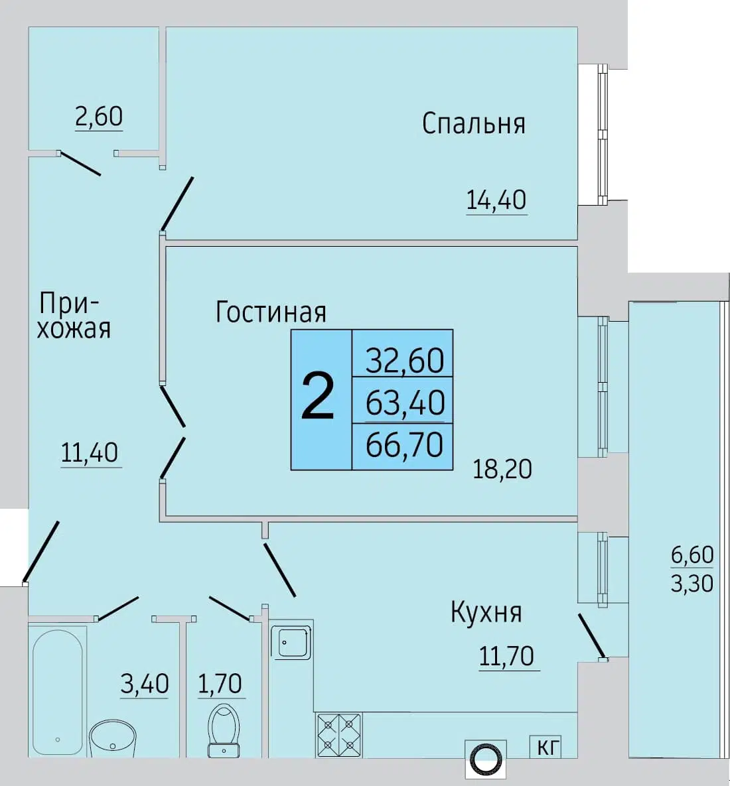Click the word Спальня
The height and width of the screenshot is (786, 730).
click(x=473, y=124)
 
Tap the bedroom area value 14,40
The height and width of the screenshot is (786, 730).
click(x=496, y=200)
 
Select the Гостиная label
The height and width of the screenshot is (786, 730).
click(x=271, y=311)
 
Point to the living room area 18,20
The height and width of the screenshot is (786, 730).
click(x=502, y=469)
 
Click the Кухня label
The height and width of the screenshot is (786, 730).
click(x=486, y=612)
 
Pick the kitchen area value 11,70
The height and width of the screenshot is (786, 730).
click(x=507, y=656)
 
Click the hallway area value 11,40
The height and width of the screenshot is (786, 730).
click(x=90, y=452)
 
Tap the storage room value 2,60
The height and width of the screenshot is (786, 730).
click(x=99, y=116)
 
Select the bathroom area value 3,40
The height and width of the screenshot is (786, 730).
click(x=145, y=684)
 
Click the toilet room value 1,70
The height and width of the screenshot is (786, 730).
click(x=220, y=684)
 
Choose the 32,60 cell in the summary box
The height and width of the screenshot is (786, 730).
click(x=404, y=360)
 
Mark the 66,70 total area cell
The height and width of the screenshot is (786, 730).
click(x=404, y=444)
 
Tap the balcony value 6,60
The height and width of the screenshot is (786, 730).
click(x=692, y=555)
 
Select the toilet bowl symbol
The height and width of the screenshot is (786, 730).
click(x=224, y=730)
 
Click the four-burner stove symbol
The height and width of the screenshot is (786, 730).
click(x=339, y=735)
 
